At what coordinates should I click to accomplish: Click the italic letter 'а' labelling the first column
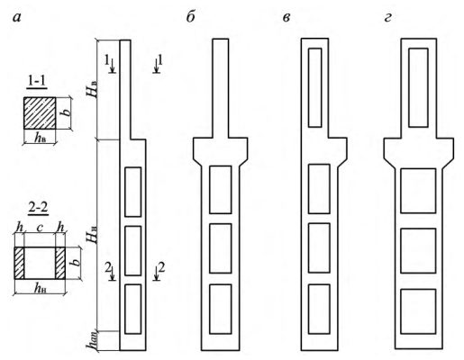(18, 18)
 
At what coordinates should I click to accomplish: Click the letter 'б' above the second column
(191, 16)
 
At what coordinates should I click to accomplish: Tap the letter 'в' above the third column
(287, 18)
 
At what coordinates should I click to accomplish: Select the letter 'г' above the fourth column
(387, 18)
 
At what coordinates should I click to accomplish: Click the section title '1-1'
(37, 82)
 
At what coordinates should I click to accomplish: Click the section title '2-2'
(38, 208)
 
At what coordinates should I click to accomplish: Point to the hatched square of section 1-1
(40, 113)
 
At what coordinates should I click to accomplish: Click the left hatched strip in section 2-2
(19, 263)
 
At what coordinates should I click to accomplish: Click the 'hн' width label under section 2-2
(41, 289)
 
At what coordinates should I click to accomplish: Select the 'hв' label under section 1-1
(41, 139)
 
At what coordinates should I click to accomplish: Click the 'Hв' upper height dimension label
(93, 88)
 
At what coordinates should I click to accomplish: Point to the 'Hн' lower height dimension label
(93, 235)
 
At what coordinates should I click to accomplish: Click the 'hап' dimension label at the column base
(92, 341)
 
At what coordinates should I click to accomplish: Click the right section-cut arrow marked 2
(157, 274)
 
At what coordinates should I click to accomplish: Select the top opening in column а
(133, 192)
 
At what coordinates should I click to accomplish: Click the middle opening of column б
(221, 248)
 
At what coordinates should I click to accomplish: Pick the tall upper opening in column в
(315, 87)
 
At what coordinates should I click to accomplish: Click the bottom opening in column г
(418, 311)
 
